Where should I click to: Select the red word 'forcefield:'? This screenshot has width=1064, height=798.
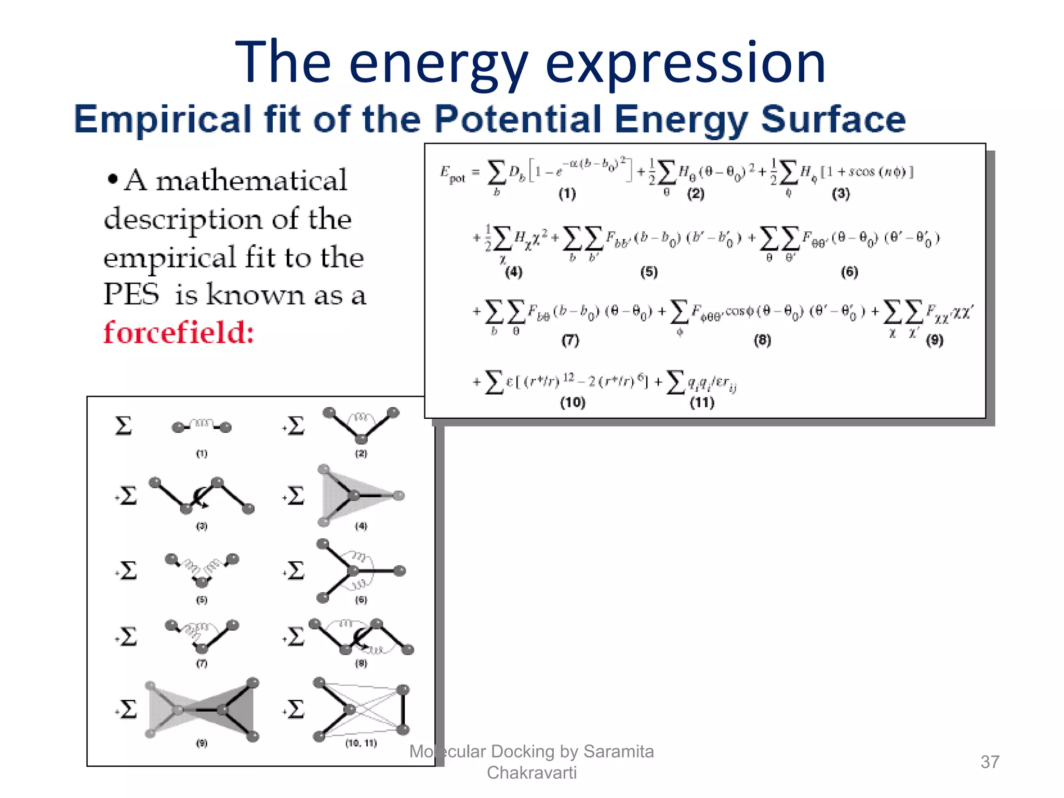click(179, 332)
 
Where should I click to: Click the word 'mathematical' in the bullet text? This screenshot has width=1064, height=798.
click(251, 181)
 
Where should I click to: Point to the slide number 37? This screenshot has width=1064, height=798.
click(989, 762)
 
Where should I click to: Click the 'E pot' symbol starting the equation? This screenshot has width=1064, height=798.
click(453, 175)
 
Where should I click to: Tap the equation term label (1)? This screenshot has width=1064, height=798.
click(567, 194)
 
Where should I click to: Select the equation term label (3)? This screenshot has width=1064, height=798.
click(841, 194)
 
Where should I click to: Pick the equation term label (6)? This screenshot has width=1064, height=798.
click(849, 272)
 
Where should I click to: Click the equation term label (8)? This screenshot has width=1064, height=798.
click(762, 340)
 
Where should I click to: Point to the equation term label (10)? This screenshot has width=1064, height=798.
click(573, 403)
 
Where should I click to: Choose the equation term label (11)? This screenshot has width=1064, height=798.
click(702, 403)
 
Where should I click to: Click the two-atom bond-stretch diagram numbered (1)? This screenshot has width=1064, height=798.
click(202, 427)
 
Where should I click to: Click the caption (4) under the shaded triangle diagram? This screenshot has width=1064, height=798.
click(361, 526)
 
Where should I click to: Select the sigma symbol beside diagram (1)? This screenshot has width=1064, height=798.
click(123, 426)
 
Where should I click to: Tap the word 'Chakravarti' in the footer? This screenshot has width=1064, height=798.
click(531, 773)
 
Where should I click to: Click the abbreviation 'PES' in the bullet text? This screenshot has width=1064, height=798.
click(131, 295)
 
